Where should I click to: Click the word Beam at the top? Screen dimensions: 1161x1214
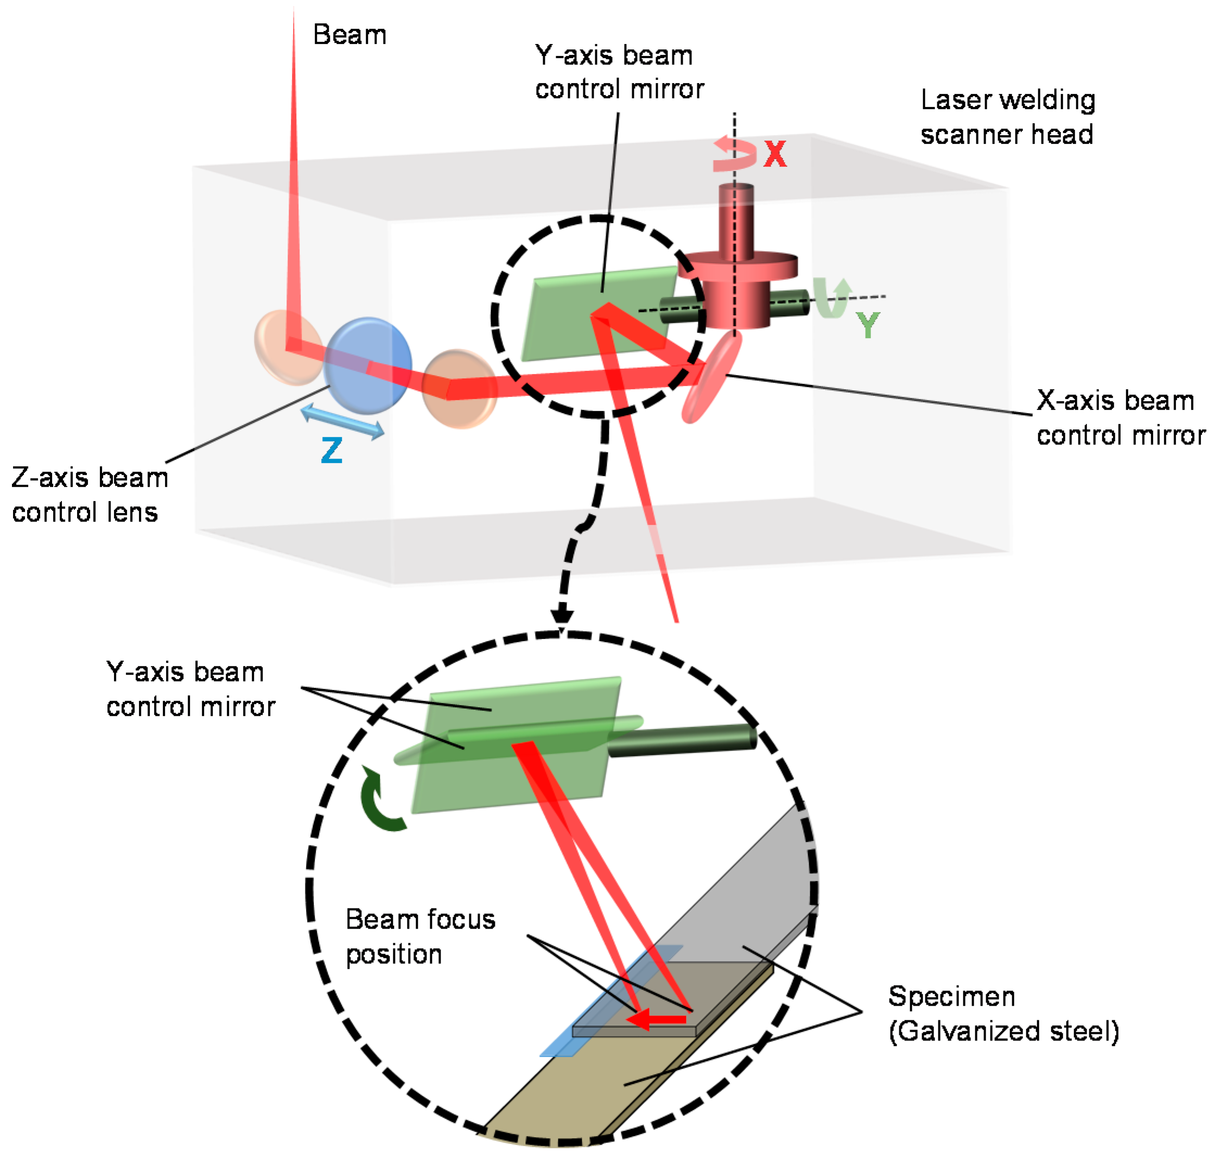tap(349, 35)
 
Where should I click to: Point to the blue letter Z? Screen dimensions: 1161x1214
tap(332, 451)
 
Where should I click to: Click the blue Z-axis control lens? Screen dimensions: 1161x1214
tap(367, 365)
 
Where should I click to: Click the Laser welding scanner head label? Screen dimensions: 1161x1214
tap(1007, 117)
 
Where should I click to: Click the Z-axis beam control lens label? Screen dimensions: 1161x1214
tap(90, 495)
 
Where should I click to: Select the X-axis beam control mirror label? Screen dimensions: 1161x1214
tap(1121, 418)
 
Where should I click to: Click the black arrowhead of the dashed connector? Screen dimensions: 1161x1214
tap(562, 617)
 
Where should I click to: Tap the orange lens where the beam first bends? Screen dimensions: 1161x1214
tap(287, 347)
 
